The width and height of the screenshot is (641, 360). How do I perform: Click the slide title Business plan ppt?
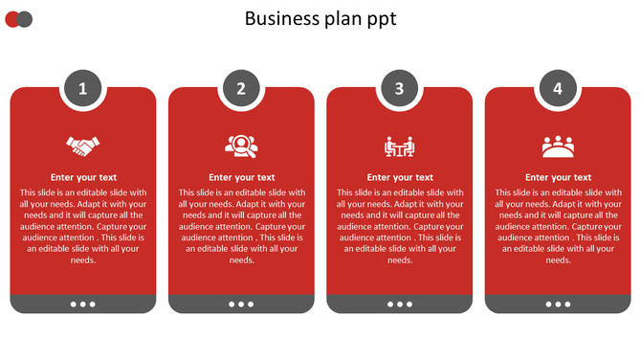pos(320,18)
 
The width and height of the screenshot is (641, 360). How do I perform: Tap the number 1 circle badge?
pos(83,89)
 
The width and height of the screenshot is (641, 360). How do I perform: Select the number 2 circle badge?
pos(241,89)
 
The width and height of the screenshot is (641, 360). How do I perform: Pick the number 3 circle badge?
pos(400,89)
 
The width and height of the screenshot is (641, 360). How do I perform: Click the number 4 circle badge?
pos(558,89)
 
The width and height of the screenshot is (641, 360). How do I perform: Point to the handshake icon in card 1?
pos(83,146)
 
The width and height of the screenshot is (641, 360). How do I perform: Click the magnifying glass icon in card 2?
pos(241,146)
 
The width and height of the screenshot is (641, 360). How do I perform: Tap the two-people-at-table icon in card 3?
pos(400,146)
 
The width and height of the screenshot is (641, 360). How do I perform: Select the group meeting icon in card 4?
pos(558,146)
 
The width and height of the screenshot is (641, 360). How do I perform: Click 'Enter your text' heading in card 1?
pos(83,177)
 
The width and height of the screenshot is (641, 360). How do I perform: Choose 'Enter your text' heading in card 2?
pos(241,177)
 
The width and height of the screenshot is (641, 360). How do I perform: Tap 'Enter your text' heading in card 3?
pos(400,177)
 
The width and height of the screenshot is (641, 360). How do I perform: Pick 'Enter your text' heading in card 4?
pos(558,177)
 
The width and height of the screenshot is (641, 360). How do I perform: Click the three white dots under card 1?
pos(83,304)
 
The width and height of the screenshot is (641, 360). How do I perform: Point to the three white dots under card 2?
pos(241,304)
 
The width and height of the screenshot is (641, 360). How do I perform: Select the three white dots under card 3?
pos(400,304)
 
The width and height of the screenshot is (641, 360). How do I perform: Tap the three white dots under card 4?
pos(558,304)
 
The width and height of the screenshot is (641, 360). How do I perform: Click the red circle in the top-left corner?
pos(11,19)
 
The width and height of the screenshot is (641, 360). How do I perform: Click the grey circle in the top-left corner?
pos(26,19)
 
